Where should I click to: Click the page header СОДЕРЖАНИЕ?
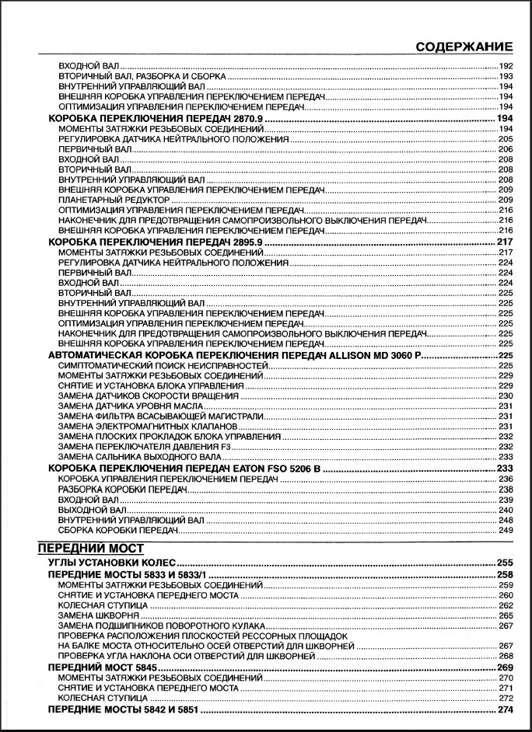464,46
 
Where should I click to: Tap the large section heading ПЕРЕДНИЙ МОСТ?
91,548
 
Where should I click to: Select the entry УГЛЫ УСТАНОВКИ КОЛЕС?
113,562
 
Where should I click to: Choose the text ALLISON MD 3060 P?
371,355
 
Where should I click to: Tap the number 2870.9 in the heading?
241,117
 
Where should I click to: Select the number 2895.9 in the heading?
241,242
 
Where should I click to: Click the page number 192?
506,67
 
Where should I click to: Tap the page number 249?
506,530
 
